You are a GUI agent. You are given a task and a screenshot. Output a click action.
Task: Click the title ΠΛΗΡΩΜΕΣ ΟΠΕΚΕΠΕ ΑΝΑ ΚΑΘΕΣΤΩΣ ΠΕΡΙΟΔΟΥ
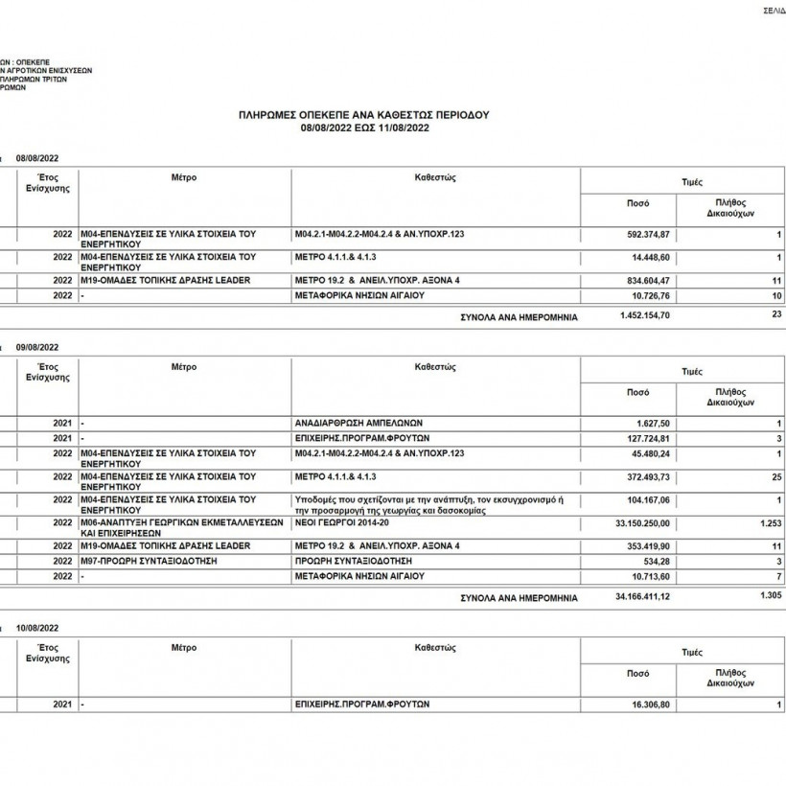pos(363,114)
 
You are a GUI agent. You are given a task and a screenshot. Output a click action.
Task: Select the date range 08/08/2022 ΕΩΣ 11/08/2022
pos(363,127)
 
